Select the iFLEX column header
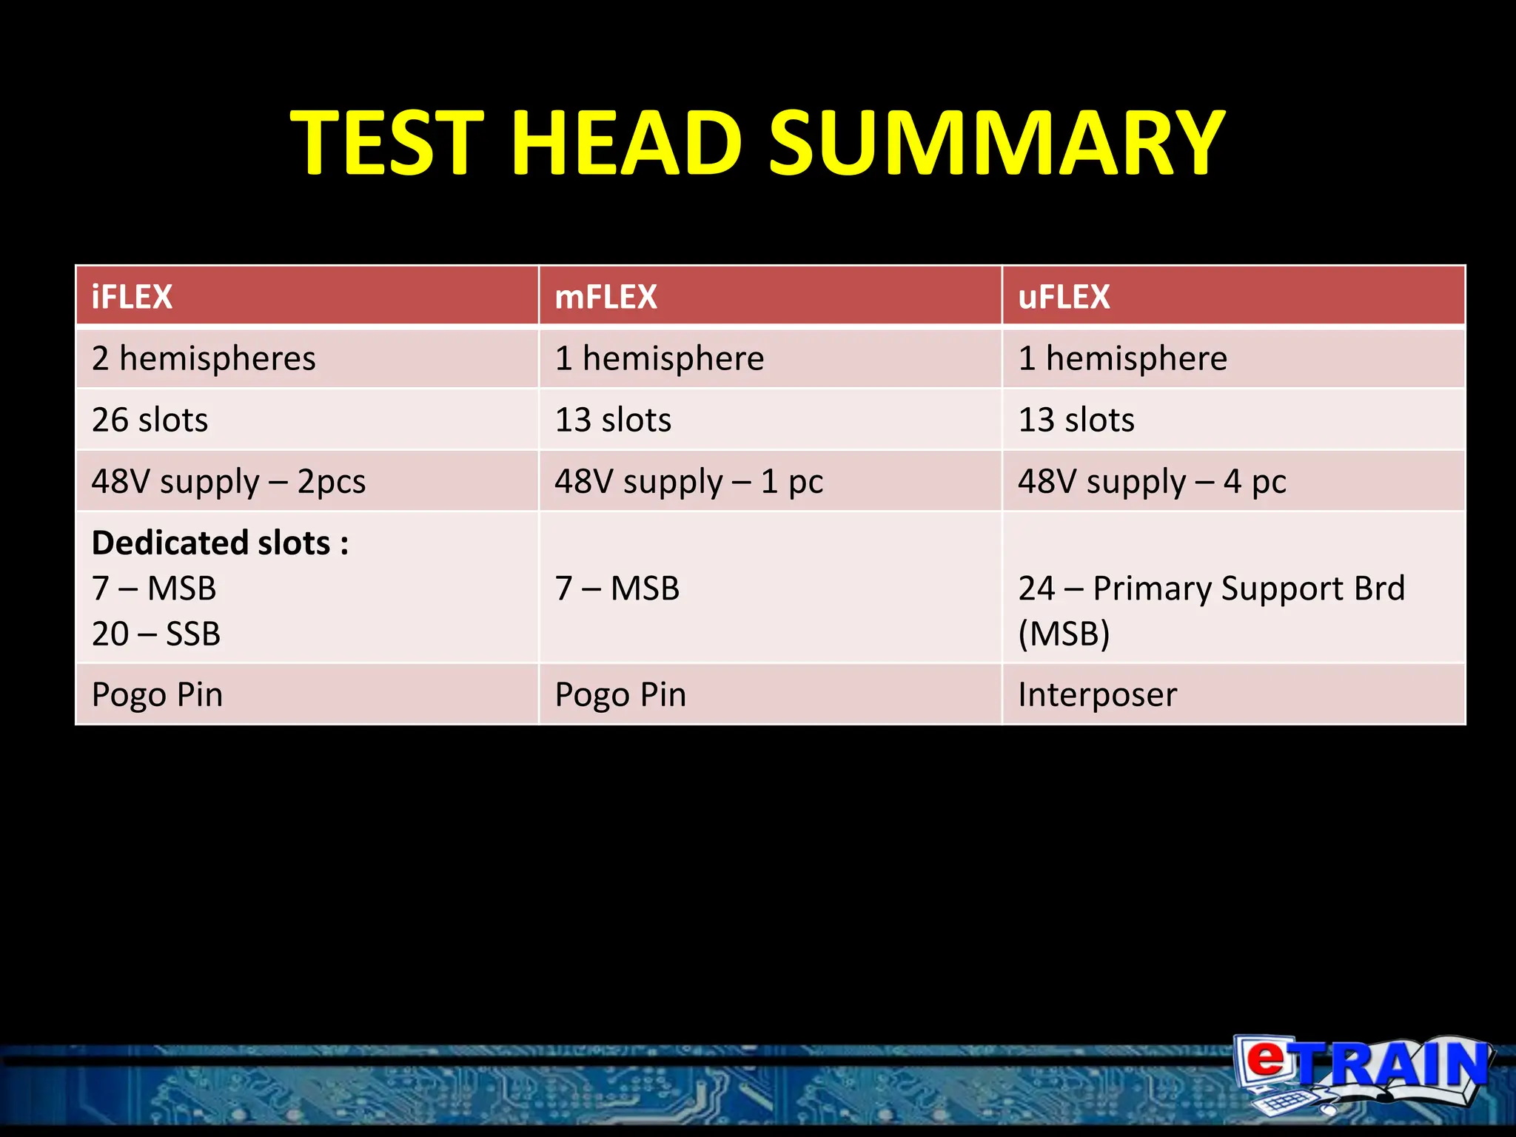132,297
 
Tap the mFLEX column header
606,297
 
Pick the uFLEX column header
1064,297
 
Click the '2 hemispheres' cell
204,358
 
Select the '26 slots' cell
150,420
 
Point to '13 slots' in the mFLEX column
613,420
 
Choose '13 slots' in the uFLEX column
1076,420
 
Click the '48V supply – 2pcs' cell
229,481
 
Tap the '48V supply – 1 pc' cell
688,481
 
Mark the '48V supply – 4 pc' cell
1152,481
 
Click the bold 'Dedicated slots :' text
220,543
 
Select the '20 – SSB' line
156,634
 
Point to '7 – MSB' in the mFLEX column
617,588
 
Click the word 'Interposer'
1097,694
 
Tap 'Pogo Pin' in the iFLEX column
157,694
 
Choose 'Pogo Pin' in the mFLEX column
620,694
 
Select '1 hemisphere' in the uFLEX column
1122,358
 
